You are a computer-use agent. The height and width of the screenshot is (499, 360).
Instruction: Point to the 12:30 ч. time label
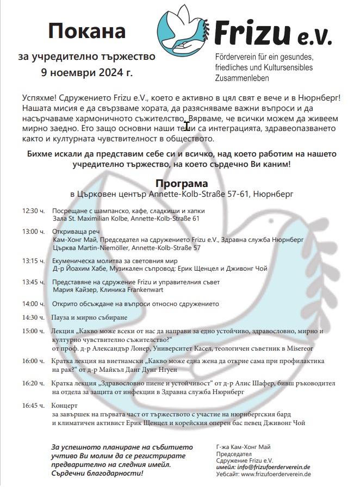click(x=33, y=210)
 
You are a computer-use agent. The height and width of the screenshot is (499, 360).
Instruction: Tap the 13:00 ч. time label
click(x=33, y=231)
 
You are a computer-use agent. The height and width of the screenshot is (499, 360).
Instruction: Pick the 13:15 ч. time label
click(x=33, y=261)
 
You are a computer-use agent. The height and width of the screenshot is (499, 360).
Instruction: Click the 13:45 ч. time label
click(x=33, y=282)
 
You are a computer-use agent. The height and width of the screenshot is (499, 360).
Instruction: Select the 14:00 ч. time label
click(x=33, y=303)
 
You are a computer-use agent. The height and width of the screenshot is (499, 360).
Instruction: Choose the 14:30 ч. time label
click(x=33, y=317)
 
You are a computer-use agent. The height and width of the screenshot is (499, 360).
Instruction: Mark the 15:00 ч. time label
click(x=33, y=330)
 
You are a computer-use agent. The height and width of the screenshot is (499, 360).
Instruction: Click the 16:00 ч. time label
click(x=33, y=361)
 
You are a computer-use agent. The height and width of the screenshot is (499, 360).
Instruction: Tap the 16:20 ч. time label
click(x=33, y=383)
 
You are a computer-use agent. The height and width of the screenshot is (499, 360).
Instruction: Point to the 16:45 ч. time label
click(x=33, y=406)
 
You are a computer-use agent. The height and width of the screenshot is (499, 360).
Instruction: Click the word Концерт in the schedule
click(x=65, y=406)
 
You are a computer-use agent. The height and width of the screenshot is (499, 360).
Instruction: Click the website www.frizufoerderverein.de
click(x=276, y=474)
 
